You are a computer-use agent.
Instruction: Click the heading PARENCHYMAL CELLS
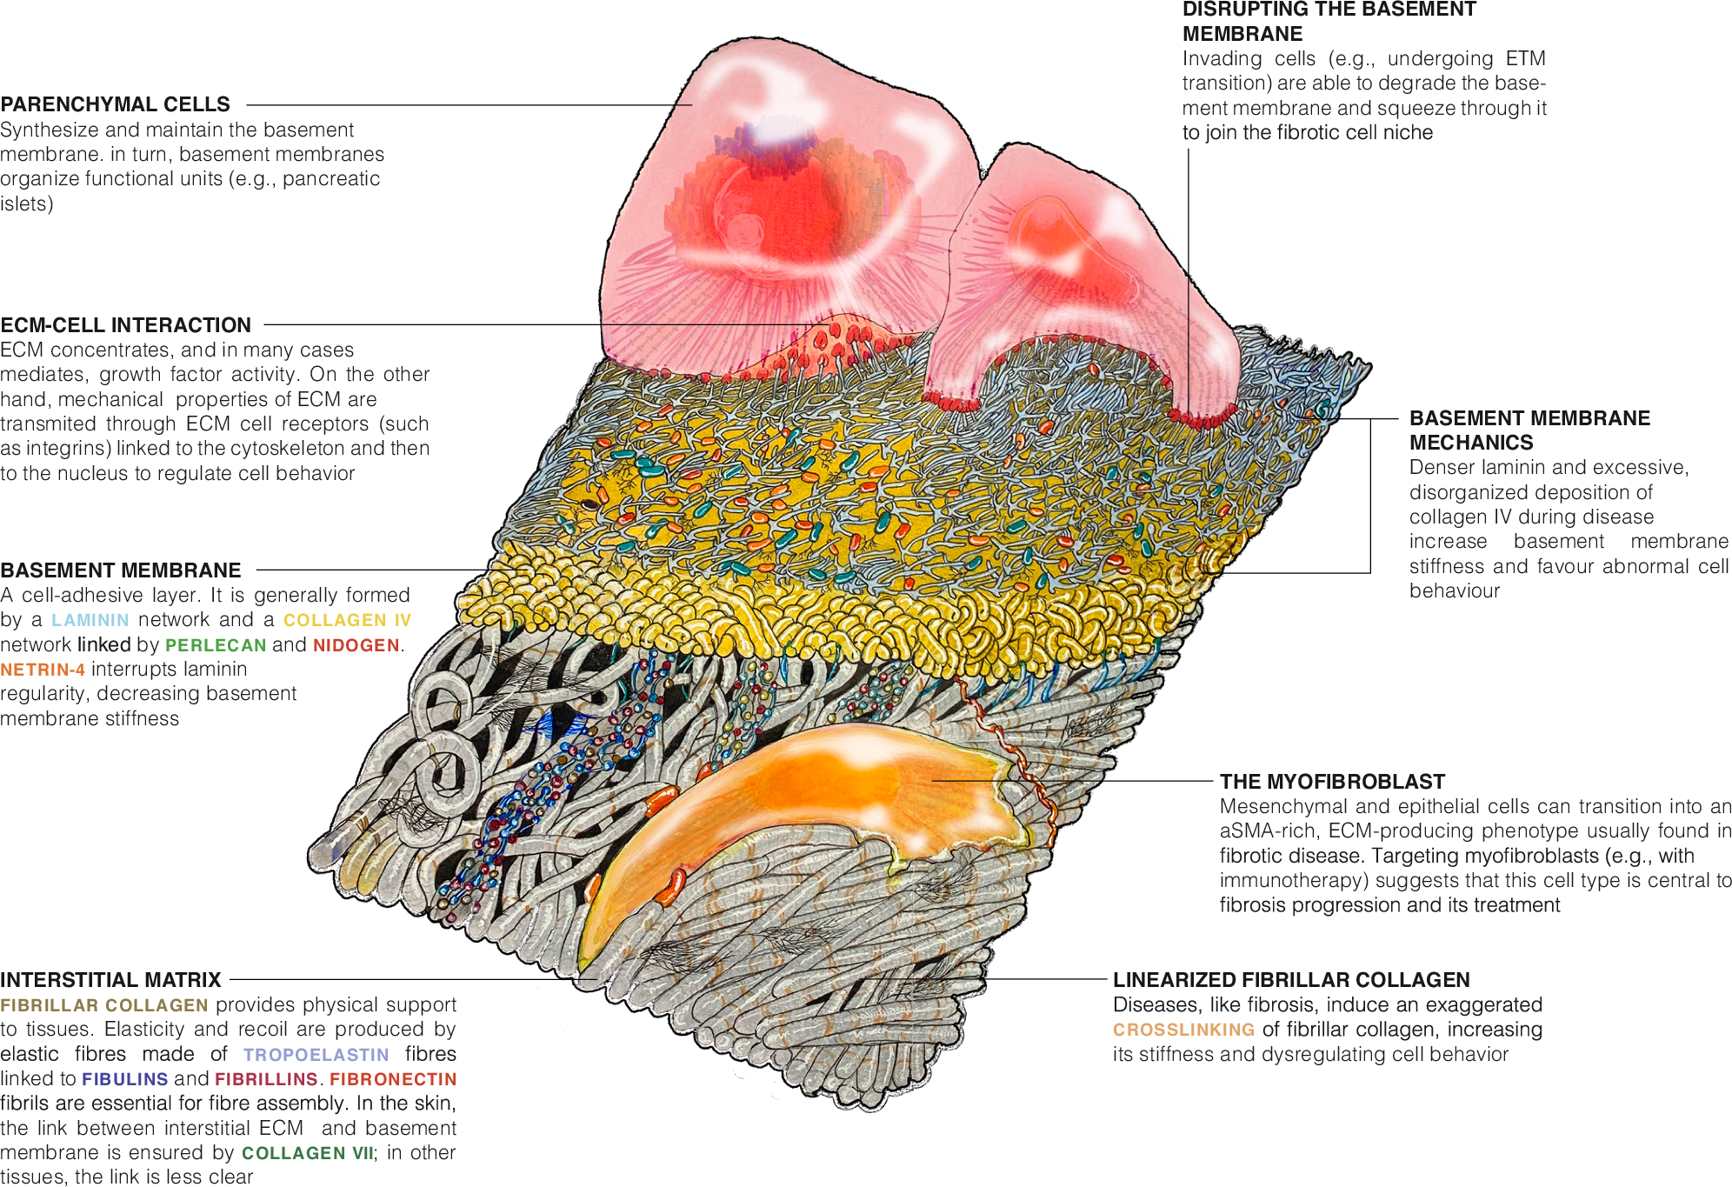115,104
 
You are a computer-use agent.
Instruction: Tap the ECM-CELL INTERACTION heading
125,325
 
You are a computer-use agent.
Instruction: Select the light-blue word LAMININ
90,620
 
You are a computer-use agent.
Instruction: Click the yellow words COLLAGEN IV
347,620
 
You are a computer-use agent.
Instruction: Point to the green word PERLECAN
216,645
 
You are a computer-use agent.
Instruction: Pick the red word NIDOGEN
356,645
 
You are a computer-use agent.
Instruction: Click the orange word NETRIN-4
43,670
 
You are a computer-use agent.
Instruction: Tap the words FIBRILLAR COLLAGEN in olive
104,1005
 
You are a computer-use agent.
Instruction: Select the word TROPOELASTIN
316,1055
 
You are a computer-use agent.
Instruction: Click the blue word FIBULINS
124,1079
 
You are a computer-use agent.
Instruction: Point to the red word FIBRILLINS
266,1079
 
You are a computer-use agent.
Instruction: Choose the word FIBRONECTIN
393,1079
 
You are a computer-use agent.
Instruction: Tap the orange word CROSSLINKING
1183,1030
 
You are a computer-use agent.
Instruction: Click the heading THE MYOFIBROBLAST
1332,782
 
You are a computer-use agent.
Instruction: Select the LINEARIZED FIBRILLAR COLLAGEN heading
1291,980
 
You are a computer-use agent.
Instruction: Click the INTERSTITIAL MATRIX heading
110,980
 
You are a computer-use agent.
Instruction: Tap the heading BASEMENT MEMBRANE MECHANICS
1529,430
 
